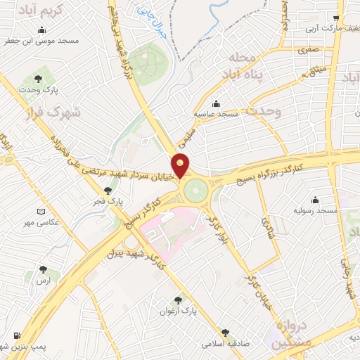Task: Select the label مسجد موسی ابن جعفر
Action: tap(44, 41)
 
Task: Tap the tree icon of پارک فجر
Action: tap(108, 191)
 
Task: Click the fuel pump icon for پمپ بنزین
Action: tap(17, 336)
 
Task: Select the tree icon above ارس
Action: tap(45, 269)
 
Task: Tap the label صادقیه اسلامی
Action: tap(225, 344)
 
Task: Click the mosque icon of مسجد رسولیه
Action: tap(314, 200)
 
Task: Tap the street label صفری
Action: tap(308, 51)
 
